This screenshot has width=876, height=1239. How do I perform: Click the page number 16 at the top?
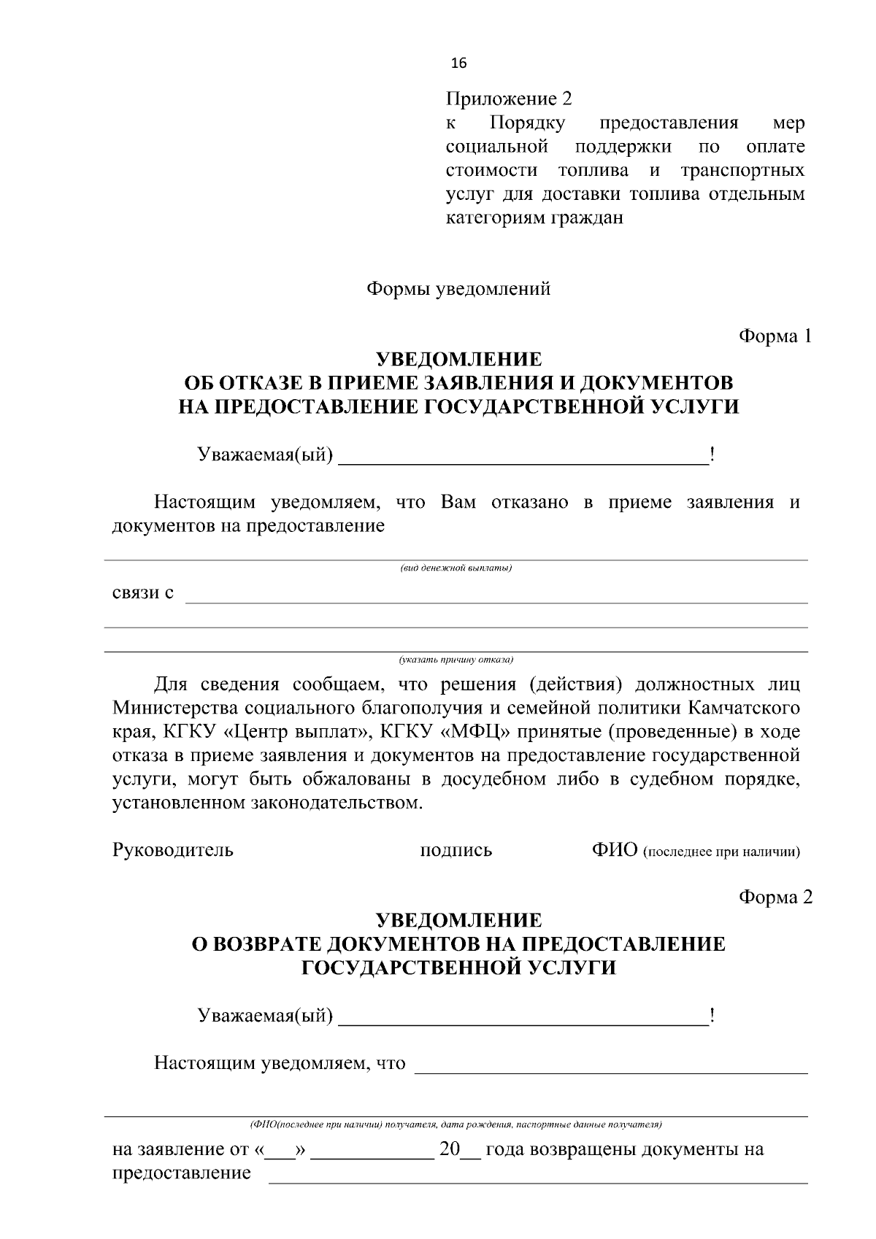459,63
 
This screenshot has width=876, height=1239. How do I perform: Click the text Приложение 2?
509,99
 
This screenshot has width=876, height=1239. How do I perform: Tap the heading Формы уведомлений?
458,289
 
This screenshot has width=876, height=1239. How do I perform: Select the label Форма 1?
775,336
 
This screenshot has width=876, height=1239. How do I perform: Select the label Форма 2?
775,897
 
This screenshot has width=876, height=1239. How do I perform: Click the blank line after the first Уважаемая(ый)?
523,458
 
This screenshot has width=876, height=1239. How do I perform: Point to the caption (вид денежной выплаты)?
456,568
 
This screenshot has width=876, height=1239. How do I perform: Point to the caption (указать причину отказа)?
456,660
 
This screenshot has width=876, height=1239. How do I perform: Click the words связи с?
143,593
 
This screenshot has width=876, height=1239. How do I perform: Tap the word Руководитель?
172,850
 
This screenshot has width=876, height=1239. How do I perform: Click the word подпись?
456,850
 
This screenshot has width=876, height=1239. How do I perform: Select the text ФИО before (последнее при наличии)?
615,850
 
